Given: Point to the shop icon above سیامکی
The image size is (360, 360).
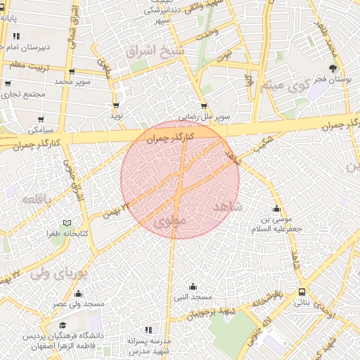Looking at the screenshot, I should pos(40,119).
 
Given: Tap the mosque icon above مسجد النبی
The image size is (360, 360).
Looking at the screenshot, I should pos(193,286).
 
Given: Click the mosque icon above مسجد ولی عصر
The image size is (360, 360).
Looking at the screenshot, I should pos(77,293).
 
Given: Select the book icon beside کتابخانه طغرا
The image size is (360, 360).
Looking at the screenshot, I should pos(67,223).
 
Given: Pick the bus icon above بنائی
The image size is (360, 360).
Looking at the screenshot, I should pos(302,292).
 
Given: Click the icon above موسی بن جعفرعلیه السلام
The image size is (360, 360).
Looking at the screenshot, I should pos(276,208).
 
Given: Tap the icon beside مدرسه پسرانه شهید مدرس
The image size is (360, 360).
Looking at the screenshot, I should pos(148,329).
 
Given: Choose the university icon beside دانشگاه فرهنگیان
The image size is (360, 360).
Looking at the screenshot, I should pos(63,326).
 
